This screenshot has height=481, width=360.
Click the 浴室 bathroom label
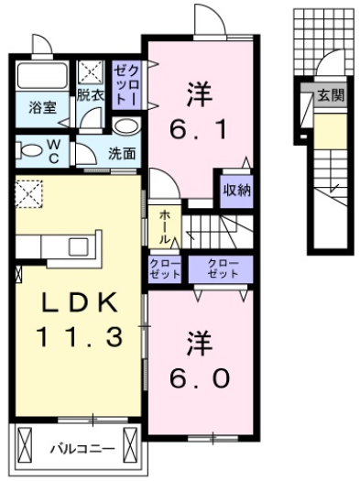[41, 107]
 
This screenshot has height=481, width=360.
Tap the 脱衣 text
[91, 94]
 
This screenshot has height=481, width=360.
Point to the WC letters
[52, 150]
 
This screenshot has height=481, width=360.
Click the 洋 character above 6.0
[198, 343]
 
